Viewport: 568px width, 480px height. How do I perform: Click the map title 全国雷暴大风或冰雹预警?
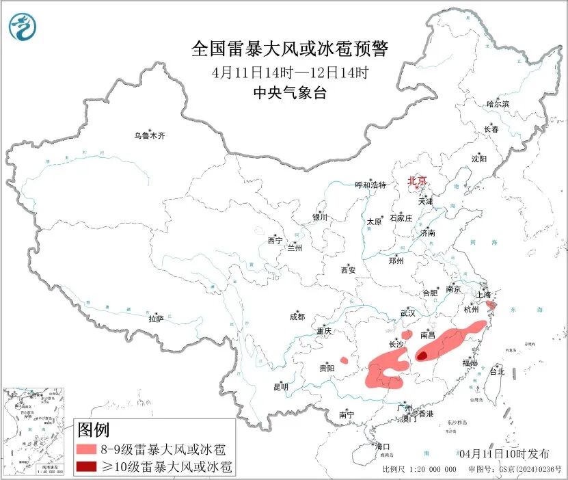290,49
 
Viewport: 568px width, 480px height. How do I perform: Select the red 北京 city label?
417,181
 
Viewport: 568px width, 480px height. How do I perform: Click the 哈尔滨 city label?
498,104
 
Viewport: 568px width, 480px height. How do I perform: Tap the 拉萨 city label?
156,319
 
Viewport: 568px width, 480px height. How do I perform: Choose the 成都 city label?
297,317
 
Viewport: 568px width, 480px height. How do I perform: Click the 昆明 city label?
281,387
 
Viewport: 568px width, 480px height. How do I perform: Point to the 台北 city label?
497,372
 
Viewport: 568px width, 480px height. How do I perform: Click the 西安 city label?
348,270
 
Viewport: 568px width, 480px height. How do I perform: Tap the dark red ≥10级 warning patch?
422,356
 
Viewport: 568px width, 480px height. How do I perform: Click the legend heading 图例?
94,430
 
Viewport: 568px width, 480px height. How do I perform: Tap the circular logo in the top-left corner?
23,27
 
